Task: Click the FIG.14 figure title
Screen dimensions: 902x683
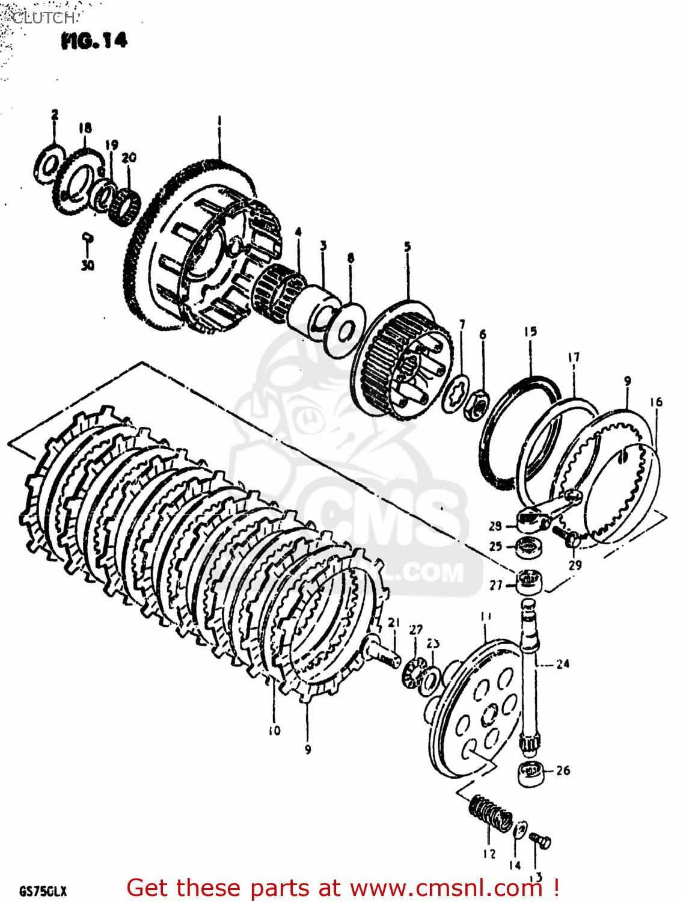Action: [94, 41]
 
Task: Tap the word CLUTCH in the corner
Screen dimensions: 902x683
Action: [43, 18]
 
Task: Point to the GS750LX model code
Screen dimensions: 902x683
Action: [42, 891]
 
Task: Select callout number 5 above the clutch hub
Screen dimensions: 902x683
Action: [407, 247]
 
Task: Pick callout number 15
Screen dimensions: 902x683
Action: [530, 331]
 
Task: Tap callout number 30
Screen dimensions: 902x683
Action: [88, 265]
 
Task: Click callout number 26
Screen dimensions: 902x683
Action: [563, 770]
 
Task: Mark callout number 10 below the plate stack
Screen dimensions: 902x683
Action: [274, 731]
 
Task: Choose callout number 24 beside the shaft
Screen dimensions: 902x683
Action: [562, 664]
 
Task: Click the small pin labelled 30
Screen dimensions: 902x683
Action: [88, 238]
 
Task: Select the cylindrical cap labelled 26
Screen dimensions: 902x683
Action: [530, 773]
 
